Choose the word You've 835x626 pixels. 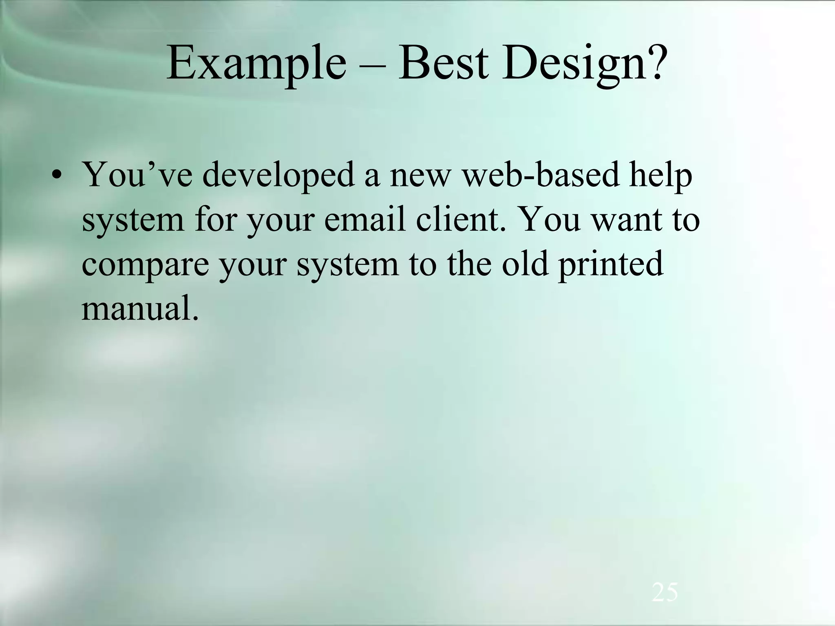[x=137, y=175]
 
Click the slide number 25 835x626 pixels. [x=665, y=592]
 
